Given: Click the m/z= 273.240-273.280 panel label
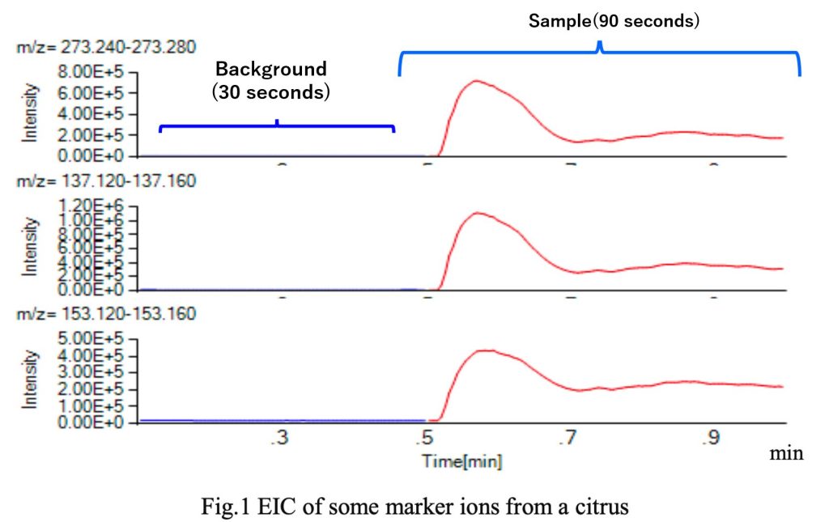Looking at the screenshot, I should tap(105, 47).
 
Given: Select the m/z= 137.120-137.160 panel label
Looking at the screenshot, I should tap(105, 180).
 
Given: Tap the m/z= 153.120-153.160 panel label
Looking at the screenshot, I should tap(105, 313).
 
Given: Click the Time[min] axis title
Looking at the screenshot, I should tap(461, 461).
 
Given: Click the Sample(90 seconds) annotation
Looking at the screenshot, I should tap(614, 20).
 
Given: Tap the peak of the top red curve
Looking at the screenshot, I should tap(477, 81).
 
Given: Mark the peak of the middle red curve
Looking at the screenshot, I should tap(478, 213).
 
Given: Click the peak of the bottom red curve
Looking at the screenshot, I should tap(484, 350).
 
